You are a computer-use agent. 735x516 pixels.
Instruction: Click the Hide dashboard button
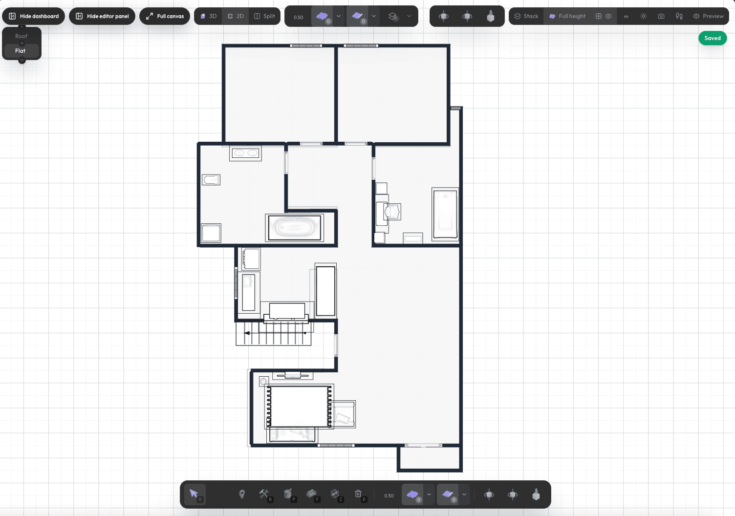[x=33, y=16]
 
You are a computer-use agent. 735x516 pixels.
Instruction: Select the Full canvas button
[x=165, y=16]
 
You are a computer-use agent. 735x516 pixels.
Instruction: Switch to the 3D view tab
[x=209, y=16]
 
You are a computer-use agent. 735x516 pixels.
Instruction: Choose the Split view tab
[x=264, y=16]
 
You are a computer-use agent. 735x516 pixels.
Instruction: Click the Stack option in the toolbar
[x=526, y=16]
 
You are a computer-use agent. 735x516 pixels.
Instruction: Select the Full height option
[x=567, y=16]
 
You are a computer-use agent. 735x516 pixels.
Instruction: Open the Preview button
[x=709, y=16]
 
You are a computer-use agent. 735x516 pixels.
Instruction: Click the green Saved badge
[x=713, y=38]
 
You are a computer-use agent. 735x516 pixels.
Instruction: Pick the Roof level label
[x=22, y=36]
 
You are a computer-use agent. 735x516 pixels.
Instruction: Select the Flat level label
[x=20, y=51]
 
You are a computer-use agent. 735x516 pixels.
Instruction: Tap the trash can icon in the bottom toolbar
[x=358, y=494]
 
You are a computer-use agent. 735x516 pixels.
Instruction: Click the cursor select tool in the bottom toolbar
[x=194, y=494]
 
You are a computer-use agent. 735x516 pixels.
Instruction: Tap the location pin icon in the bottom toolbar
[x=242, y=494]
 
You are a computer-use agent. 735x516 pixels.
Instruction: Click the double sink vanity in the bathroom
[x=245, y=153]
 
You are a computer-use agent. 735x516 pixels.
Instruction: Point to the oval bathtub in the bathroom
[x=294, y=228]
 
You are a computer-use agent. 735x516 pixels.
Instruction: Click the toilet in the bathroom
[x=211, y=180]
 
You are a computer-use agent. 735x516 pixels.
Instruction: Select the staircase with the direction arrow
[x=273, y=333]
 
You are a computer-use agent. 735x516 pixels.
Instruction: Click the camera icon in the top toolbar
[x=661, y=16]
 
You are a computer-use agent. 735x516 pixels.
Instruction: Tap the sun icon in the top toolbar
[x=643, y=16]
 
